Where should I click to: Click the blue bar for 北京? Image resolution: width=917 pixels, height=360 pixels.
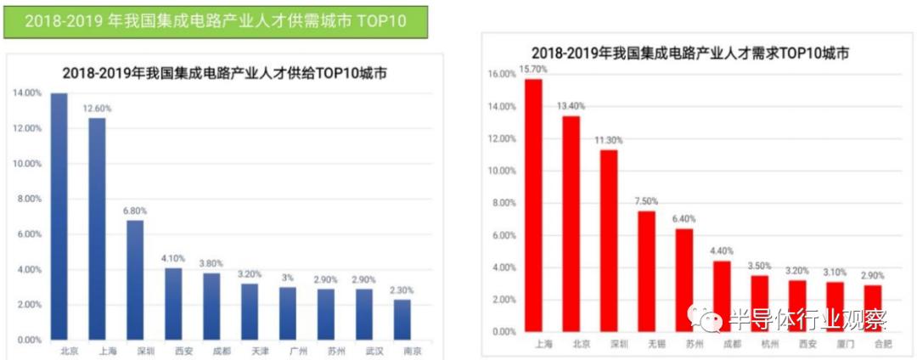coord(59,216)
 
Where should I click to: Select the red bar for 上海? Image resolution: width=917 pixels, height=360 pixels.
coord(533,205)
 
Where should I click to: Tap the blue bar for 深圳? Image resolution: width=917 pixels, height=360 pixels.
coord(135,279)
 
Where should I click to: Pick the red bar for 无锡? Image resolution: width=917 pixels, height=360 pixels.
coord(646,271)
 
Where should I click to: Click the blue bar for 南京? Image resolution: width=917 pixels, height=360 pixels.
coord(402,319)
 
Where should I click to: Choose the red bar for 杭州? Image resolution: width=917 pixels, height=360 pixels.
coord(760,303)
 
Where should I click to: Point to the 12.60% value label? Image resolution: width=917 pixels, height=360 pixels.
coord(97,109)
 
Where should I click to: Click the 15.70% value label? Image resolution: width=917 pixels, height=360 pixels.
coord(533,69)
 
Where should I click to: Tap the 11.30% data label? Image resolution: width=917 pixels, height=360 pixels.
coord(609,140)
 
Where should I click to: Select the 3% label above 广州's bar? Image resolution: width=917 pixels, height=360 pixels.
coord(288,278)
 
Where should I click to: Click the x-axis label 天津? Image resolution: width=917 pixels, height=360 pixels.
coord(250,351)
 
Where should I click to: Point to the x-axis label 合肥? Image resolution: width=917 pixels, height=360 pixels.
coord(874,345)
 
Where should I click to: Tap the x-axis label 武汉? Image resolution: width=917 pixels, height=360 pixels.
coord(364,351)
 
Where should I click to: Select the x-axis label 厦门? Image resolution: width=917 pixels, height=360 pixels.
coord(835,345)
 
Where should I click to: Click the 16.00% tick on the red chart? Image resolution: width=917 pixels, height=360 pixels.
coord(503,75)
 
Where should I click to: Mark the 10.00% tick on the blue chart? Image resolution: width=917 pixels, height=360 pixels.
coord(26,164)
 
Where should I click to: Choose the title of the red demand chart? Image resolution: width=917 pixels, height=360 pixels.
coord(689,53)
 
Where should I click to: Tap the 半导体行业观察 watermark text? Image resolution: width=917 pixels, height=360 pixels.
coord(807,320)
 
